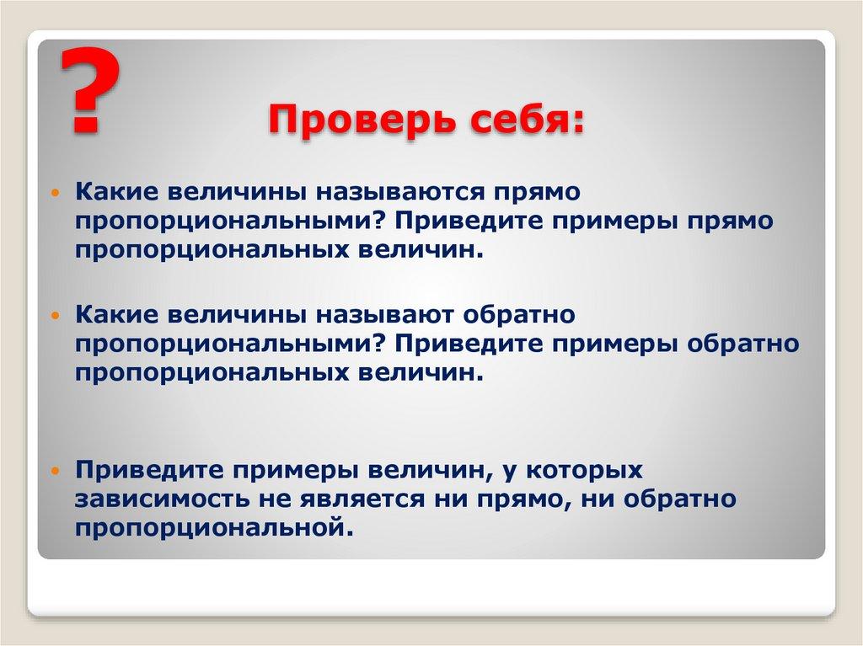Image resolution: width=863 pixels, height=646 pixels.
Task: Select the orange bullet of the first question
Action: click(x=56, y=194)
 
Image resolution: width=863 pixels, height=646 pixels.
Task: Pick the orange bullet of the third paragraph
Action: click(x=56, y=469)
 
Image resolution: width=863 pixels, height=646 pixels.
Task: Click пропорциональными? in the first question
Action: click(x=226, y=222)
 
